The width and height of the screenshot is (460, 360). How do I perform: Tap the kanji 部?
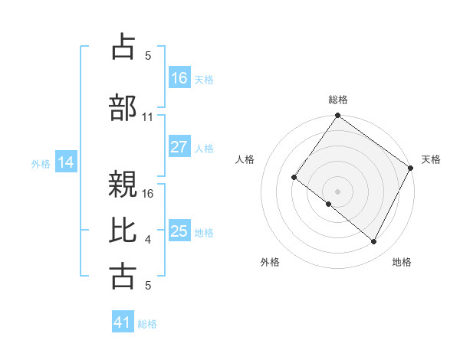123,109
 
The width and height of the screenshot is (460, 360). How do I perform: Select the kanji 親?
123,185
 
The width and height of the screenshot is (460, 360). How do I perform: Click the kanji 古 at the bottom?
123,277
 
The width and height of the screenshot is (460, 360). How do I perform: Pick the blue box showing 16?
179,77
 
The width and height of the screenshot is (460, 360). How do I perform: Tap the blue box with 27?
179,147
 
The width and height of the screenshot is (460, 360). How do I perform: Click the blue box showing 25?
179,231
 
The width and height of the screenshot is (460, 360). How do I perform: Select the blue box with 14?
66,162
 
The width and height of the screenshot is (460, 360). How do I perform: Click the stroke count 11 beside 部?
148,116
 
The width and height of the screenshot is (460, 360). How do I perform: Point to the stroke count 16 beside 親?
148,193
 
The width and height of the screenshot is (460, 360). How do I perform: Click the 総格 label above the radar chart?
337,100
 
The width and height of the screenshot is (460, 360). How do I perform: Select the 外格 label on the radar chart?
270,262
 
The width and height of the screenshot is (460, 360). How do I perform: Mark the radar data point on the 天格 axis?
411,168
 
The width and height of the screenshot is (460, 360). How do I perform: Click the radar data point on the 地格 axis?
374,242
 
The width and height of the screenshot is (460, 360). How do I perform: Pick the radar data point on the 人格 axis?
294,178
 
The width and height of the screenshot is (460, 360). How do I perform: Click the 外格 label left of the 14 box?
40,163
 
